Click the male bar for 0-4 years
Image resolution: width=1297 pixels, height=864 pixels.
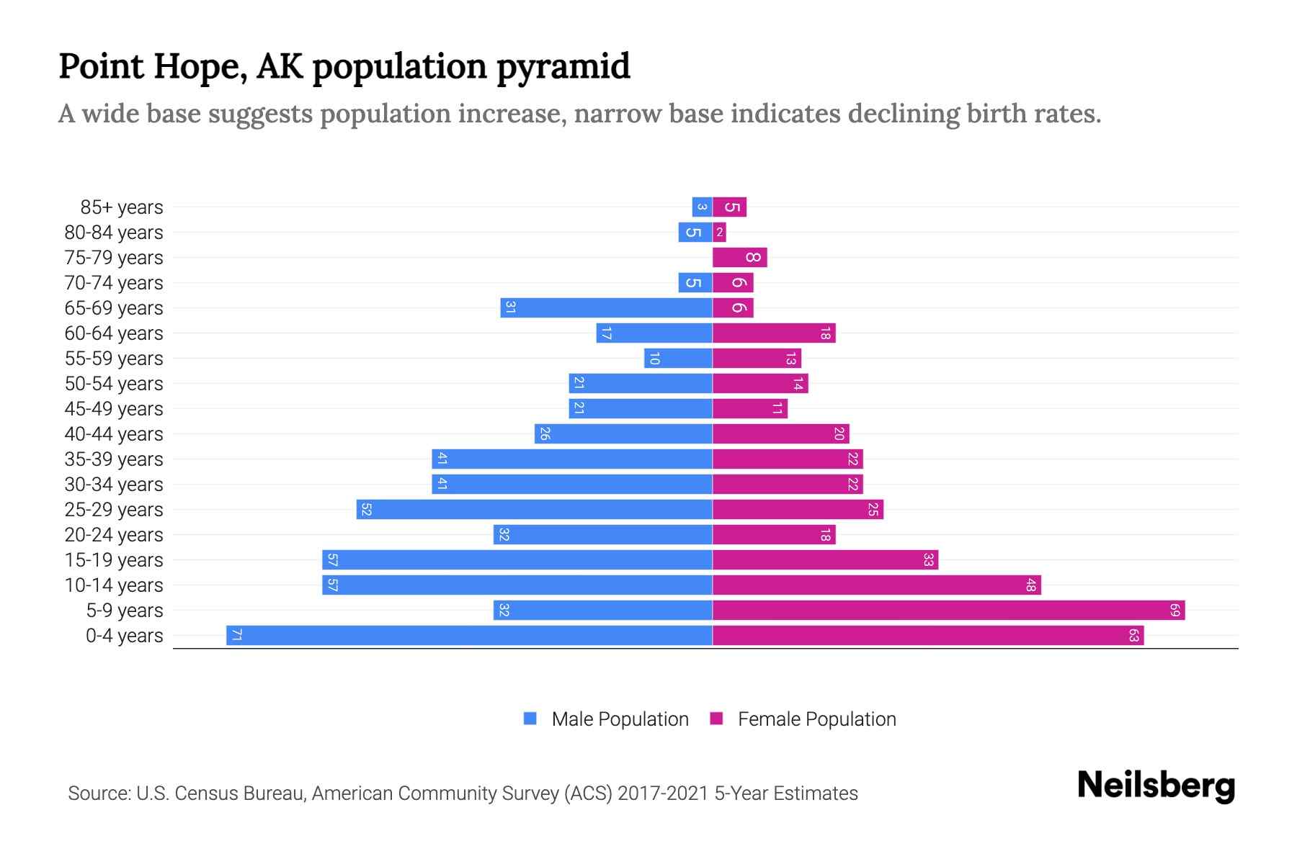click(x=468, y=635)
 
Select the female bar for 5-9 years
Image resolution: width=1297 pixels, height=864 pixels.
click(x=948, y=610)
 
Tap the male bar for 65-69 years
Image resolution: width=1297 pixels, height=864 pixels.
click(x=606, y=307)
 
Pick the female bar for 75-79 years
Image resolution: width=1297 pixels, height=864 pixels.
click(x=739, y=257)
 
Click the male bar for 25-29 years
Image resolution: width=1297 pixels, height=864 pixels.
click(x=534, y=509)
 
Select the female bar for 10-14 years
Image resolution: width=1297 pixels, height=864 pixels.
click(x=876, y=585)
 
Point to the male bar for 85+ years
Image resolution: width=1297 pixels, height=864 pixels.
click(x=702, y=207)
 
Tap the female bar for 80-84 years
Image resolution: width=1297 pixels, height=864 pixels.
click(x=719, y=232)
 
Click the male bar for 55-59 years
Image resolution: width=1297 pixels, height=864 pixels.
click(x=678, y=358)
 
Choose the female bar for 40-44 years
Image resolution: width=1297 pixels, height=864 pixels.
click(x=780, y=433)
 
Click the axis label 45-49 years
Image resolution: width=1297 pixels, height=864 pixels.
click(x=114, y=408)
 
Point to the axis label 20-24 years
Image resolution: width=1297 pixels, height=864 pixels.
click(x=114, y=534)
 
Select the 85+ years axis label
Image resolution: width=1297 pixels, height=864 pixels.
click(x=122, y=207)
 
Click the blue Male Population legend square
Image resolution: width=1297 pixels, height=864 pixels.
click(x=530, y=719)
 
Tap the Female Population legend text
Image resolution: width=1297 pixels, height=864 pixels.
click(x=816, y=719)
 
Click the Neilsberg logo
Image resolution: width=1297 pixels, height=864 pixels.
click(x=1156, y=785)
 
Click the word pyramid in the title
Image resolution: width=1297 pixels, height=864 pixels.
click(x=563, y=66)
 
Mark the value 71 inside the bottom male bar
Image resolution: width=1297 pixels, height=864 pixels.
click(x=236, y=635)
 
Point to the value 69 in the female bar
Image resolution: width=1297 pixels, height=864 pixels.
click(x=1175, y=610)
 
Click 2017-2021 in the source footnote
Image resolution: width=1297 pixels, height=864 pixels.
click(x=663, y=793)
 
